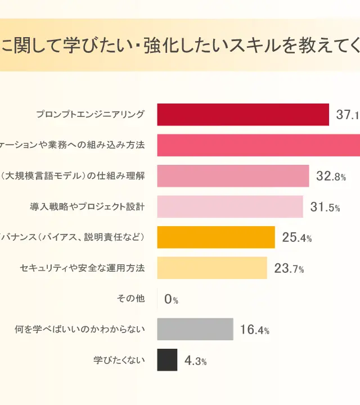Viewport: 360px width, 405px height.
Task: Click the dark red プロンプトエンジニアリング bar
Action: tap(242, 115)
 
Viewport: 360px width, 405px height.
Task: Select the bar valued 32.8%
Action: tap(233, 176)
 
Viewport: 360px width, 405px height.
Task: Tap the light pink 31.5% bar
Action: tap(229, 206)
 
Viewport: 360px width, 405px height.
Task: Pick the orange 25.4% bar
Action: tap(215, 237)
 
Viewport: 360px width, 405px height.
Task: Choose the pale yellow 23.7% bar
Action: tap(211, 268)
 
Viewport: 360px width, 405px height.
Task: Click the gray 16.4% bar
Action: tap(195, 329)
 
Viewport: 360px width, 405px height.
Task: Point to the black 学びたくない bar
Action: tap(167, 360)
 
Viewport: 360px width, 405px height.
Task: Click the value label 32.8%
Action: tap(331, 177)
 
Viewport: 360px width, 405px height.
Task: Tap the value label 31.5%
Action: tap(325, 207)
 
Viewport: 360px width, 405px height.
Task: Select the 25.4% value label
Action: tap(296, 238)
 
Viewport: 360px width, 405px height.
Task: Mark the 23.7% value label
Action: tap(289, 268)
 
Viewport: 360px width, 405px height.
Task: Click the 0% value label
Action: tap(171, 299)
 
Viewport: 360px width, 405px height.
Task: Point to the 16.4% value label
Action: tap(254, 330)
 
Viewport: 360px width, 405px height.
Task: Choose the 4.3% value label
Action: tap(195, 361)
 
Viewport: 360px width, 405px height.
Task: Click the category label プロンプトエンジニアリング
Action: tap(90, 115)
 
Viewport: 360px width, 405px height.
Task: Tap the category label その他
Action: tap(130, 299)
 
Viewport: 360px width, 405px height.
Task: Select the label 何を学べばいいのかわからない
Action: tap(80, 329)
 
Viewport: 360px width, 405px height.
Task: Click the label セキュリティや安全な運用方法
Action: tap(82, 268)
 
